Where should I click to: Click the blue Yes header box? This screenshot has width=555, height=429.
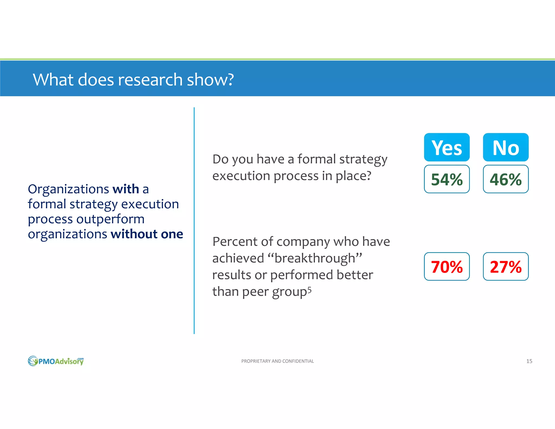pyautogui.click(x=447, y=147)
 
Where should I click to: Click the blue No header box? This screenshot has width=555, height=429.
pyautogui.click(x=506, y=147)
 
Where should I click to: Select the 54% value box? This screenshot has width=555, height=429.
pyautogui.click(x=447, y=179)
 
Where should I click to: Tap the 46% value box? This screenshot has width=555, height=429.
pyautogui.click(x=506, y=179)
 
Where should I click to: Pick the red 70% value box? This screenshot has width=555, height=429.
pyautogui.click(x=447, y=267)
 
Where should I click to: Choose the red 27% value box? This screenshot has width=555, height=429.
pyautogui.click(x=506, y=267)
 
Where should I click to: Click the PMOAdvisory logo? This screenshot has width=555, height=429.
pyautogui.click(x=56, y=361)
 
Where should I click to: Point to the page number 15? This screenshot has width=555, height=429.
pyautogui.click(x=529, y=361)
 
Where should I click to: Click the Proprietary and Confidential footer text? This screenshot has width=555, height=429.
pyautogui.click(x=277, y=361)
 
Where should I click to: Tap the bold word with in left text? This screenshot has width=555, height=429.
pyautogui.click(x=126, y=189)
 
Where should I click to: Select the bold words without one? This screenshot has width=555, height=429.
pyautogui.click(x=147, y=234)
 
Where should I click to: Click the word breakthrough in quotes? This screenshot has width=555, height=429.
pyautogui.click(x=315, y=258)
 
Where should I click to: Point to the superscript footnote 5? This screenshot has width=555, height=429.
pyautogui.click(x=309, y=290)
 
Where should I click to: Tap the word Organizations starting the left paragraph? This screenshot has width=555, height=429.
pyautogui.click(x=68, y=189)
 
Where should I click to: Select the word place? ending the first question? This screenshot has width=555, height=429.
pyautogui.click(x=353, y=176)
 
